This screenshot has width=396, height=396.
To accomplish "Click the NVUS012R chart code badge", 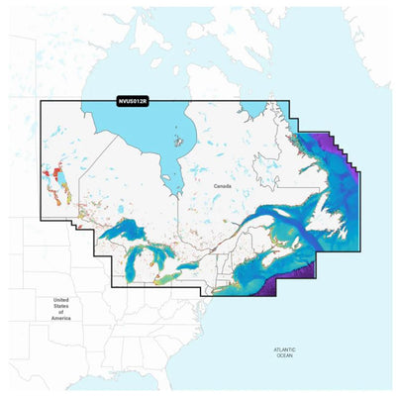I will (x=132, y=101).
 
